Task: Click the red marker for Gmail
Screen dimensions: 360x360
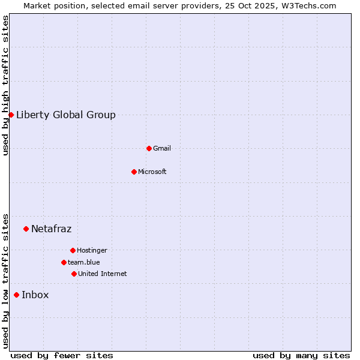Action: pos(149,148)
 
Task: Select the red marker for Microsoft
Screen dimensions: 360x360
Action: pos(134,172)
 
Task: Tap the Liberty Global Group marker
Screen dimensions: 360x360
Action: pos(11,115)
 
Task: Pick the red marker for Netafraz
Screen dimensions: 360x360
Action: pos(26,229)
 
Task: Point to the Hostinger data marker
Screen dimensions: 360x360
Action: pos(73,250)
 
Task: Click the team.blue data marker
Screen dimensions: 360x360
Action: pos(64,262)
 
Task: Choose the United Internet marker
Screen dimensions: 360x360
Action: pos(74,274)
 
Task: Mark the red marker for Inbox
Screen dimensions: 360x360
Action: pos(16,295)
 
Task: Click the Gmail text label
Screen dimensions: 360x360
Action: pos(162,148)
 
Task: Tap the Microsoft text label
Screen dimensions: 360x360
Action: pos(152,172)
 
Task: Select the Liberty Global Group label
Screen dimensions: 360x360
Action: pos(66,115)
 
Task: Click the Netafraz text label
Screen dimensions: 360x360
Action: pos(52,229)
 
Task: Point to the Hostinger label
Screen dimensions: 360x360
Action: pos(92,250)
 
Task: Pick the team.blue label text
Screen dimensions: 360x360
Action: pos(84,262)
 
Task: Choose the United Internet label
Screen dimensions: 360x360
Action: pos(103,274)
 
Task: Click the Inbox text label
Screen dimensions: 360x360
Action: pos(35,295)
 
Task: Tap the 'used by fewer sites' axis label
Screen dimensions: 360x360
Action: pos(62,355)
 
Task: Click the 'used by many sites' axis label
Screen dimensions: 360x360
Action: pos(301,355)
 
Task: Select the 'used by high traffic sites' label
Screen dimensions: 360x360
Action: pos(6,85)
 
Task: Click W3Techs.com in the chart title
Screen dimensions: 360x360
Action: pos(305,5)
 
